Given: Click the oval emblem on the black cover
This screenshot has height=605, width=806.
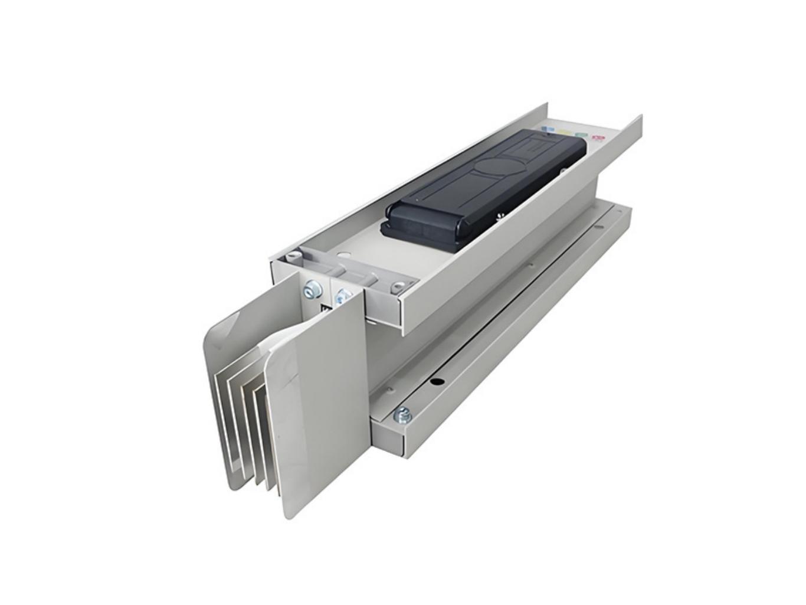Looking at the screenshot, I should [494, 171].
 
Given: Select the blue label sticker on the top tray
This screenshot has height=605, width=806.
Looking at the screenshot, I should [548, 128].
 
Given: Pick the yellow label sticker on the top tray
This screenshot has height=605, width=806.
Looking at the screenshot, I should [565, 132].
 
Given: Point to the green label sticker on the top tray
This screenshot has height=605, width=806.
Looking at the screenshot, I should [582, 135].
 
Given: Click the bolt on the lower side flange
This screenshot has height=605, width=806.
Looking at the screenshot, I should [404, 415].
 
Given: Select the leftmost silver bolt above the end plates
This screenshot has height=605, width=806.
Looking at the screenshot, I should [310, 290].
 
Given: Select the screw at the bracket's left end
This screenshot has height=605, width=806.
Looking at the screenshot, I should [291, 257].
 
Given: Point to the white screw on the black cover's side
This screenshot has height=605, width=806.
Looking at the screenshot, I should [500, 215].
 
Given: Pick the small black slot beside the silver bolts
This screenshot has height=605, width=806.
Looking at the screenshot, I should [323, 309].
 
